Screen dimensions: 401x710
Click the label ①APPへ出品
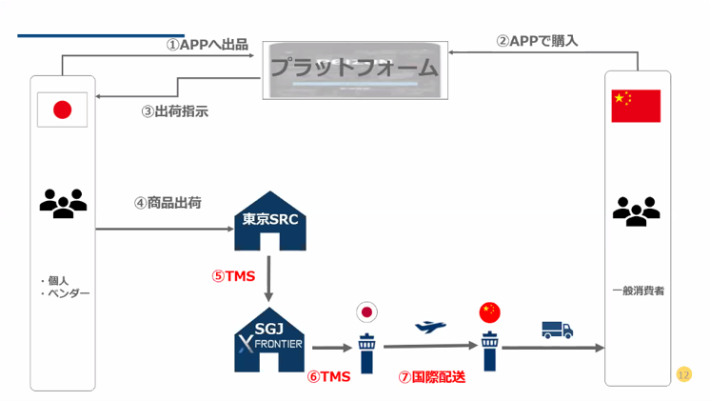pyautogui.click(x=207, y=44)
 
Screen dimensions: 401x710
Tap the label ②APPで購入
pyautogui.click(x=537, y=41)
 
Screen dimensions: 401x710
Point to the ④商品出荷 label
pyautogui.click(x=168, y=203)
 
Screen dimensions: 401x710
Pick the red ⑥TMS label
pyautogui.click(x=328, y=376)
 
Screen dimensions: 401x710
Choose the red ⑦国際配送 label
pyautogui.click(x=431, y=376)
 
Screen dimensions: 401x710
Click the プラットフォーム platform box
pyautogui.click(x=353, y=70)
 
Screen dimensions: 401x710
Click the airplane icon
pyautogui.click(x=430, y=327)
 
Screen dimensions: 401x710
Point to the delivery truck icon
pyautogui.click(x=557, y=330)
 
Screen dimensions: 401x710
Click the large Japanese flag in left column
pyautogui.click(x=62, y=110)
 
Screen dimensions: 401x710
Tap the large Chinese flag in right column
pyautogui.click(x=636, y=106)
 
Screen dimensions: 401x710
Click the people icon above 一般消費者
pyautogui.click(x=636, y=211)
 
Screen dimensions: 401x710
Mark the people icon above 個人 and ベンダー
pyautogui.click(x=63, y=203)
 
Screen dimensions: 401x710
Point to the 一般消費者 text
pyautogui.click(x=638, y=290)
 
